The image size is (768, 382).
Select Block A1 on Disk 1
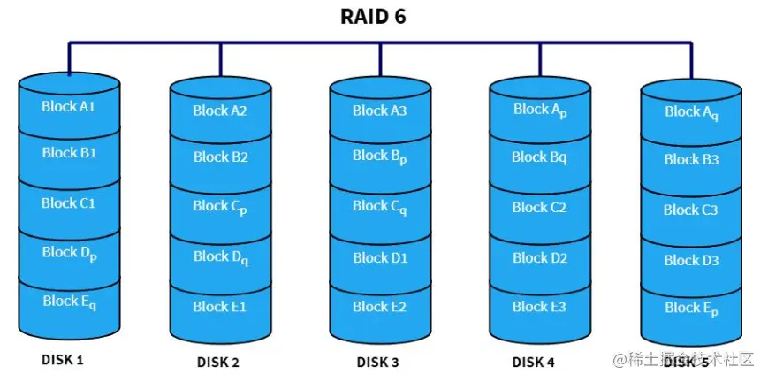coord(69,106)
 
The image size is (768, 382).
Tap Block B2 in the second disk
coord(220,157)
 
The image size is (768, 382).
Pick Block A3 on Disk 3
coord(380,111)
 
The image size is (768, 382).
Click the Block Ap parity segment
coord(539,110)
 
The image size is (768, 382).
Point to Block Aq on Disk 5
coord(691,112)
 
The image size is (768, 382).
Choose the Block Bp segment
coord(380,156)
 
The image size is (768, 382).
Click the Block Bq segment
coord(539,157)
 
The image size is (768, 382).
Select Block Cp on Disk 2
coord(220,206)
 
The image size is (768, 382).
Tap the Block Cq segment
coord(380,206)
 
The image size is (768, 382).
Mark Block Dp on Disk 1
coord(69,253)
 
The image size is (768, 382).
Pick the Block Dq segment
coord(220,256)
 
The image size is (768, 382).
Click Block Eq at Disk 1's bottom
coord(69,302)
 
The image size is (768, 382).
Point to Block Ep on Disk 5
coord(691,308)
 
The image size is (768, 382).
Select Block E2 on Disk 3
coord(380,307)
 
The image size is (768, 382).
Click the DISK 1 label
coord(62,360)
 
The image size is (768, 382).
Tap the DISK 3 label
coord(377,362)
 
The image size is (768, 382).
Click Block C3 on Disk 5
coord(691,210)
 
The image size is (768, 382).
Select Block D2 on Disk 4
coord(539,257)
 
